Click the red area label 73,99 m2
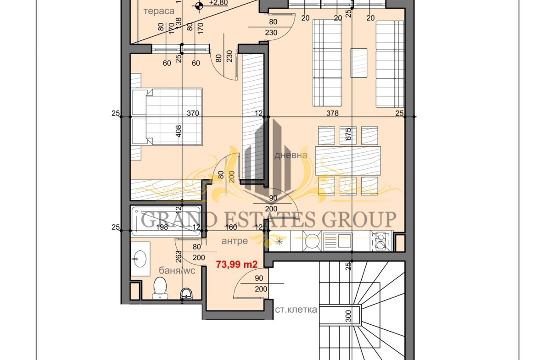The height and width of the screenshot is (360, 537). pyautogui.click(x=236, y=264)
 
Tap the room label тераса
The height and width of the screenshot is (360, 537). pyautogui.click(x=159, y=11)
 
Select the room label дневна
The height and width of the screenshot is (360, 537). pyautogui.click(x=291, y=155)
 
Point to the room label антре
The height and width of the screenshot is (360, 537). pyautogui.click(x=235, y=241)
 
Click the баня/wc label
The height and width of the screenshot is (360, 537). pyautogui.click(x=177, y=270)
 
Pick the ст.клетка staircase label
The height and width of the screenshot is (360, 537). pyautogui.click(x=296, y=310)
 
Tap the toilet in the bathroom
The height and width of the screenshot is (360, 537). pyautogui.click(x=160, y=288)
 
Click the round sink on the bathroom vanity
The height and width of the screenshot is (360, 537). pyautogui.click(x=140, y=259)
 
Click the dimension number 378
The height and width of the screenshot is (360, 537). pyautogui.click(x=332, y=113)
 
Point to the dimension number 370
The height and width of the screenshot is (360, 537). pyautogui.click(x=193, y=113)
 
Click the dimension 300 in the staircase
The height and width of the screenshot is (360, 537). pyautogui.click(x=348, y=316)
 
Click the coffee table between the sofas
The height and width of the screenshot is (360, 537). pyautogui.click(x=358, y=63)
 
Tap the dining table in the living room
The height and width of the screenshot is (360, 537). pyautogui.click(x=348, y=161)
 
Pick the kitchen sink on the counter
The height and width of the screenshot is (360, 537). pyautogui.click(x=338, y=240)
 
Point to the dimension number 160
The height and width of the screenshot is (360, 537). pyautogui.click(x=231, y=227)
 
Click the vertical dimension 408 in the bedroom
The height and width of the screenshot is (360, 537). pyautogui.click(x=179, y=132)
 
